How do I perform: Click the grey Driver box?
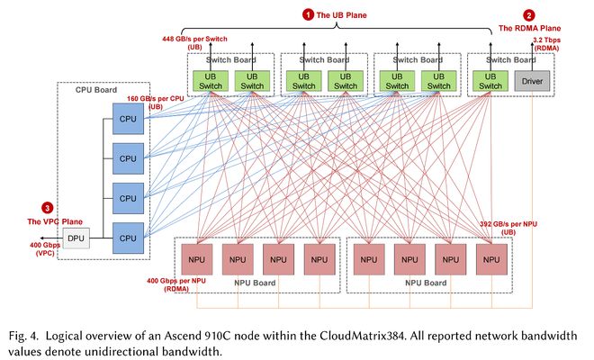pyautogui.click(x=532, y=81)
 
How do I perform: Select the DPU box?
pyautogui.click(x=76, y=238)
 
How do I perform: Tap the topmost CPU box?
pyautogui.click(x=128, y=119)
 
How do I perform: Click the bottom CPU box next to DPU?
pyautogui.click(x=128, y=238)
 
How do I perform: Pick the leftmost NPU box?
pyautogui.click(x=197, y=259)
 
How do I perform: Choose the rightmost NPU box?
pyautogui.click(x=491, y=259)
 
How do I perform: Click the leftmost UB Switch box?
pyautogui.click(x=211, y=81)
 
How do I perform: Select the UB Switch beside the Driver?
pyautogui.click(x=490, y=81)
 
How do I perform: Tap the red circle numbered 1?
pyautogui.click(x=308, y=14)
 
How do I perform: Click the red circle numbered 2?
pyautogui.click(x=529, y=15)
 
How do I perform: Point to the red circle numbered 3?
pyautogui.click(x=48, y=208)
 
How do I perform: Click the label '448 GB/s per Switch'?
pyautogui.click(x=194, y=39)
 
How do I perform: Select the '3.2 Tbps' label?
pyautogui.click(x=546, y=40)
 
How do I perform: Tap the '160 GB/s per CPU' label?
pyautogui.click(x=156, y=98)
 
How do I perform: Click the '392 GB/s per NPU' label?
pyautogui.click(x=508, y=224)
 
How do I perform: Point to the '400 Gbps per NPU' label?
pyautogui.click(x=176, y=281)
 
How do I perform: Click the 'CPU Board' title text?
pyautogui.click(x=96, y=90)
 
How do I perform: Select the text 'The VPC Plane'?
pyautogui.click(x=55, y=221)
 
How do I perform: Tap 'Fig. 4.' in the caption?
pyautogui.click(x=23, y=337)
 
